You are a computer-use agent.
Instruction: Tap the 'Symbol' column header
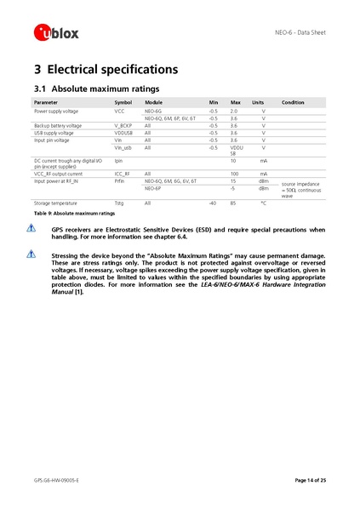[123, 102]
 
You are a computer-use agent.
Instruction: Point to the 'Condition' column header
[293, 102]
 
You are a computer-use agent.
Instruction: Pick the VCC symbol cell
[119, 111]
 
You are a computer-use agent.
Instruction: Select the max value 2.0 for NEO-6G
[234, 111]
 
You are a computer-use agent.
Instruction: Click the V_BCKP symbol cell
[124, 125]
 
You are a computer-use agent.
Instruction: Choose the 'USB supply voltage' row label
[54, 133]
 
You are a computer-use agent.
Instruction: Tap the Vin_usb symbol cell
[123, 147]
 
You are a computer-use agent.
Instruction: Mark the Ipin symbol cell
[118, 160]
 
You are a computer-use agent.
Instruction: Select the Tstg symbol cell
[119, 203]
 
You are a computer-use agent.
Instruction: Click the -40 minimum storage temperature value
[212, 203]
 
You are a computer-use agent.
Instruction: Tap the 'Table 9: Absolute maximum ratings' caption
[68, 213]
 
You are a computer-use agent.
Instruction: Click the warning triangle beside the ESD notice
[31, 228]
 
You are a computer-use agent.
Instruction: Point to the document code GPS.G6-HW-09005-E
[57, 481]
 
